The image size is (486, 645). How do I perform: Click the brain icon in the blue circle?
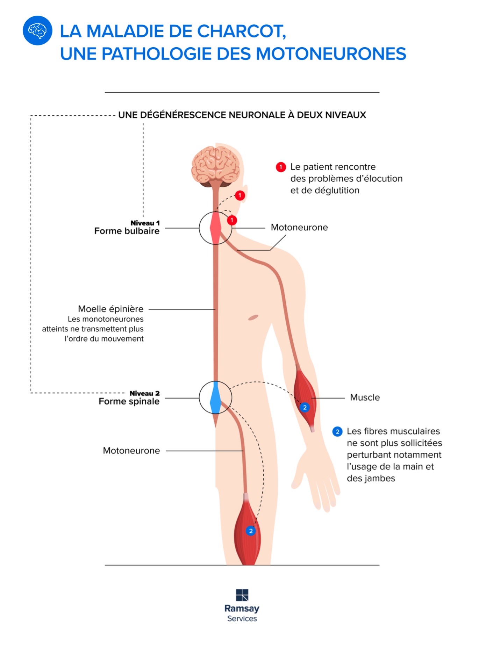37,31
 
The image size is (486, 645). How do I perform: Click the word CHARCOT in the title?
242,31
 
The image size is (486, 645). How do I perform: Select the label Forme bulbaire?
127,231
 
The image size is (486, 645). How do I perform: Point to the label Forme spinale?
129,401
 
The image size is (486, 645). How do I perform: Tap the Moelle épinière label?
110,309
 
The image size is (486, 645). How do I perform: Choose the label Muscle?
365,397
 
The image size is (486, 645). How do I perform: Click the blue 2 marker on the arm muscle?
305,408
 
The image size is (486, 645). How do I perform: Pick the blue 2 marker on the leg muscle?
251,531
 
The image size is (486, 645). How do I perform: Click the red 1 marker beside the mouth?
240,195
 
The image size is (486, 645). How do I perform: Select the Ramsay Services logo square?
242,595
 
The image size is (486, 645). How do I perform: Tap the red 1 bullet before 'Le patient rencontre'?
281,167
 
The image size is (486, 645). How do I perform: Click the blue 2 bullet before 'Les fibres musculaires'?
337,432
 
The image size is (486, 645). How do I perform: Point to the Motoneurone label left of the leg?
131,451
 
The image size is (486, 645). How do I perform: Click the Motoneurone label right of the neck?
299,228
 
